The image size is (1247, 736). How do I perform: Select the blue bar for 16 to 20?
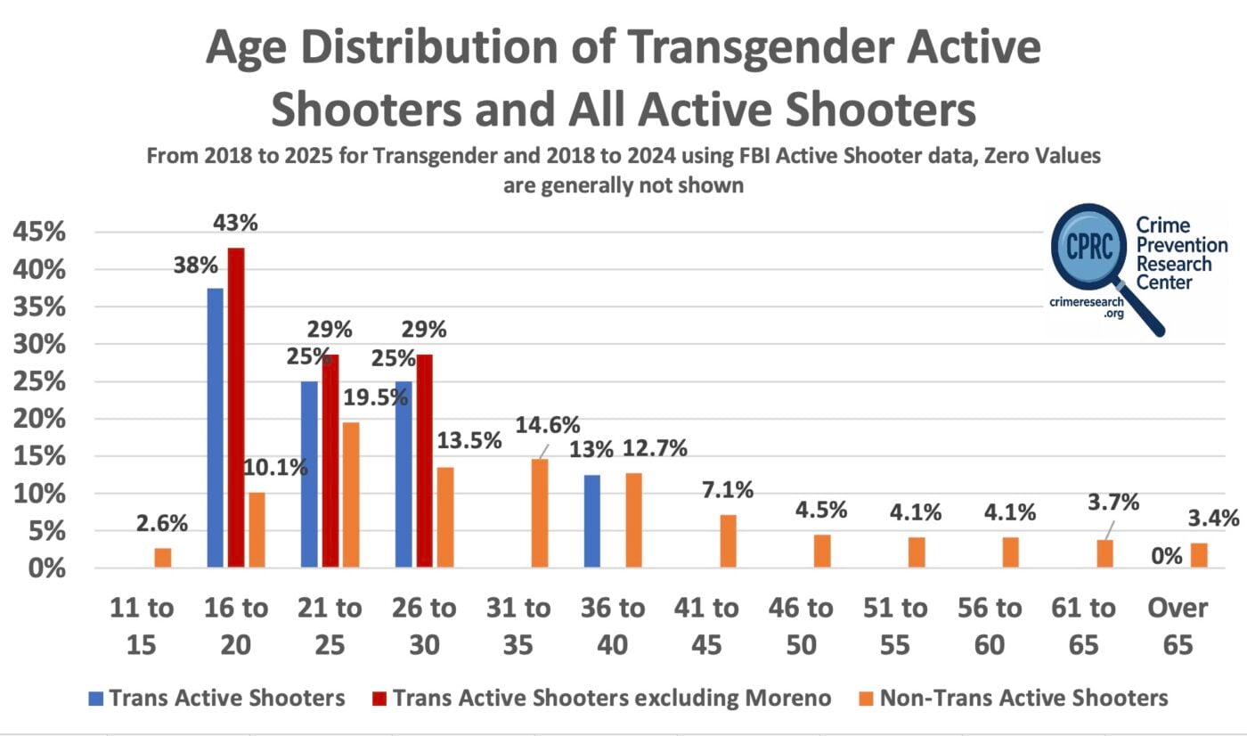(216, 428)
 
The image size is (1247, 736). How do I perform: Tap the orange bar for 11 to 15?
(162, 558)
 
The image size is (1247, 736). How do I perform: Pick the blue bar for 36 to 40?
(592, 521)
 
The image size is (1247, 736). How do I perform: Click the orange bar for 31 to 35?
(540, 513)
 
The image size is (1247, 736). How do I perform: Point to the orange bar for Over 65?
(1200, 555)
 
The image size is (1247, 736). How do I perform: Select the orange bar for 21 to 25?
(351, 495)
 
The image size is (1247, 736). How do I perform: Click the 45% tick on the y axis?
(39, 233)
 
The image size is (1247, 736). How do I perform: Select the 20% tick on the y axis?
(39, 419)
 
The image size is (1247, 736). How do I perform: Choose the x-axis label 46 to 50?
(802, 627)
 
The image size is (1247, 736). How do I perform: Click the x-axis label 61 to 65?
(1083, 627)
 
